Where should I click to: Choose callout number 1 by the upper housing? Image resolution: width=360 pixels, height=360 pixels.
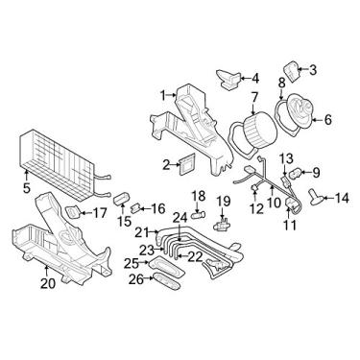[164, 94]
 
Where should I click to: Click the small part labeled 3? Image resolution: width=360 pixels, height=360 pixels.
[300, 70]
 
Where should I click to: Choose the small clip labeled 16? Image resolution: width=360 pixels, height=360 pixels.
[140, 205]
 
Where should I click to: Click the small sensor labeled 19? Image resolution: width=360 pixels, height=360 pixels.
[222, 225]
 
